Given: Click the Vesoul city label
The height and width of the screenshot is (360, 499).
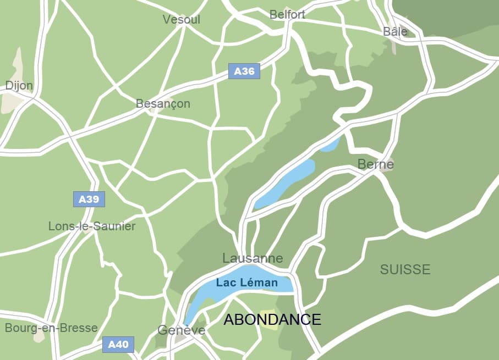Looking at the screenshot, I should click(181, 20).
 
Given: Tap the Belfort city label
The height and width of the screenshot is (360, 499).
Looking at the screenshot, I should click(287, 15).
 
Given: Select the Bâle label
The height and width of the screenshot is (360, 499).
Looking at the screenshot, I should click(395, 31).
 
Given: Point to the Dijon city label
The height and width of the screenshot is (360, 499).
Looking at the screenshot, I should click(19, 86).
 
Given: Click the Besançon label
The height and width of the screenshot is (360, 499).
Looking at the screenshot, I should click(163, 104).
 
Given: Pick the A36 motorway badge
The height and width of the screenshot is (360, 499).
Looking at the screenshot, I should click(244, 71).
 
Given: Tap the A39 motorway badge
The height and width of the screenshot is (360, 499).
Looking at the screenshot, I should click(89, 199).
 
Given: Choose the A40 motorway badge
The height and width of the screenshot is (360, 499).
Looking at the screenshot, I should click(118, 345).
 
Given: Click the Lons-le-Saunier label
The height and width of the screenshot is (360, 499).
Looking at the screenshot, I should click(92, 226).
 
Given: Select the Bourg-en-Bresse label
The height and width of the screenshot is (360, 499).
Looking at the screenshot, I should click(51, 328).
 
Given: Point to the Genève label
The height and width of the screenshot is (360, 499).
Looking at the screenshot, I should click(181, 330).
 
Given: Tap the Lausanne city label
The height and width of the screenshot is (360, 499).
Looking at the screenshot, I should click(253, 258).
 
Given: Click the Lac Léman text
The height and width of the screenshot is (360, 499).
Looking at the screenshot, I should click(247, 283).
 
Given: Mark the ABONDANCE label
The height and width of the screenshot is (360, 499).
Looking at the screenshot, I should click(272, 319).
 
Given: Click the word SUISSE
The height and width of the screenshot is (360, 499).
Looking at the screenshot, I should click(405, 269).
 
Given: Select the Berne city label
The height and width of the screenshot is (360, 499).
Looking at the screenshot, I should click(375, 164).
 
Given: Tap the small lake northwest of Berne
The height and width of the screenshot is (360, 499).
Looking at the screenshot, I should click(330, 145).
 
